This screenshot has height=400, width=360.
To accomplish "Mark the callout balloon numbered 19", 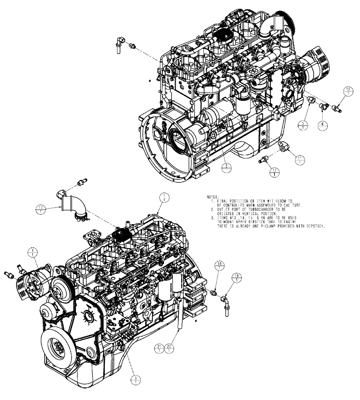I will tap(237, 276).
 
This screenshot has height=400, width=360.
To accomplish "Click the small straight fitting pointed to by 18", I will tap(214, 294).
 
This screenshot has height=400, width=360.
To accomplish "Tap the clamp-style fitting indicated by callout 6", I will tap(324, 106).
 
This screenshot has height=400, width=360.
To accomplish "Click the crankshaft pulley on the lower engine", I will tap(58, 348).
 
